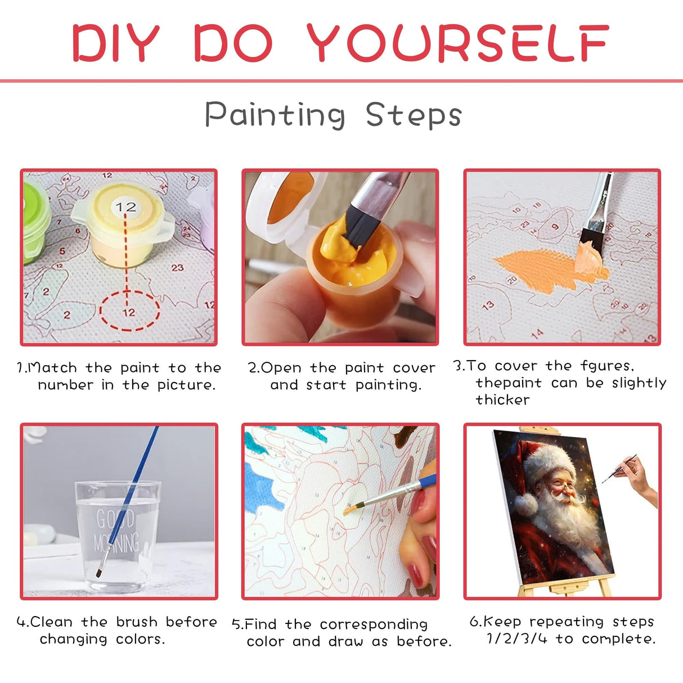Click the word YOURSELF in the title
tap(457, 43)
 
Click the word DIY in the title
tap(116, 43)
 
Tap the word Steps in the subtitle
tap(414, 115)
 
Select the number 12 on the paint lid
tap(125, 207)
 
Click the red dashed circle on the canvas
tap(129, 311)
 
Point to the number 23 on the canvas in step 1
tap(178, 268)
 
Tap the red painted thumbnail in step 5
tap(415, 574)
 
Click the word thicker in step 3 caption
tap(502, 400)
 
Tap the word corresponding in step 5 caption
tap(374, 624)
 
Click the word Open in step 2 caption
tap(281, 368)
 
